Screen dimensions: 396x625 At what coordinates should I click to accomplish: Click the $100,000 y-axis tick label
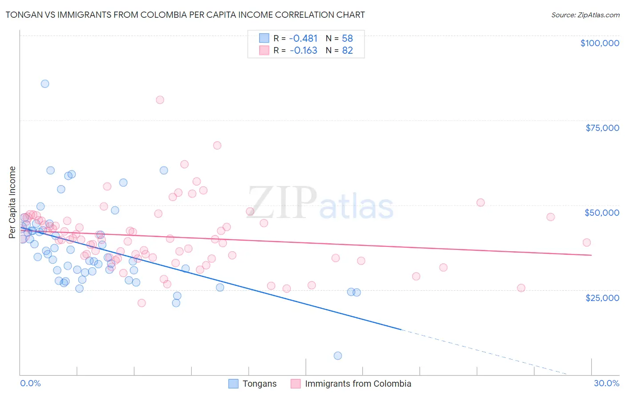coord(600,43)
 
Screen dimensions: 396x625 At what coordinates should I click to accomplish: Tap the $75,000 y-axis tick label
coord(602,128)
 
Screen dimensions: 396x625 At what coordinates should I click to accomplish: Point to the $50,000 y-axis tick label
coord(602,213)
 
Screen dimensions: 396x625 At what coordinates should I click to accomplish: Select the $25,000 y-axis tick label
coord(602,297)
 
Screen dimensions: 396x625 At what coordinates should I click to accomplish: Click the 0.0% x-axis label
coord(30,383)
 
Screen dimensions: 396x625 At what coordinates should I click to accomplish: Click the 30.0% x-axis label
coord(606,383)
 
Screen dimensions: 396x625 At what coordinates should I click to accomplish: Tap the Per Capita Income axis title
coord(12,202)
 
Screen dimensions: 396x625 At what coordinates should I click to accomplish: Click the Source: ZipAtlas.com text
coord(585,15)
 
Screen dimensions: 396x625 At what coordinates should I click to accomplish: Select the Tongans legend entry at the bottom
coord(259,384)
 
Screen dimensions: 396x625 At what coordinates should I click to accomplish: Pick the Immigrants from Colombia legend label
coord(358,384)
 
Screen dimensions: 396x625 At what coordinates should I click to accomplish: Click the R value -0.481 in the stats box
coord(303,38)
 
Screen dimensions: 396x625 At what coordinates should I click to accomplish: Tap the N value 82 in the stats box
coord(347,50)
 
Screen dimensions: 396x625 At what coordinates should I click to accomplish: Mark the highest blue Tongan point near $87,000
coord(45,84)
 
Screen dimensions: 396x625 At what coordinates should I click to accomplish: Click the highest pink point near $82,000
coord(160,100)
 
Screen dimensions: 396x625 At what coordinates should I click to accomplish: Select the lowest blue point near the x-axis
coord(338,356)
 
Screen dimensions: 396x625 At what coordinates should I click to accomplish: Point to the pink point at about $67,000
coord(217,145)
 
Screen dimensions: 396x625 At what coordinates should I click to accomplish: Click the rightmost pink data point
coord(587,242)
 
